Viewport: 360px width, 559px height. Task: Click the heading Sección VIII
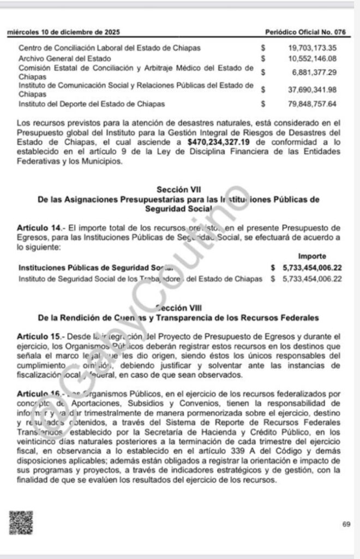[176, 308]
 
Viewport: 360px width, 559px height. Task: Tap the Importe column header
[312, 257]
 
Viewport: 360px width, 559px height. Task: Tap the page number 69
[346, 525]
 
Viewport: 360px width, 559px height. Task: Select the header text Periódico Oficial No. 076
[309, 33]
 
